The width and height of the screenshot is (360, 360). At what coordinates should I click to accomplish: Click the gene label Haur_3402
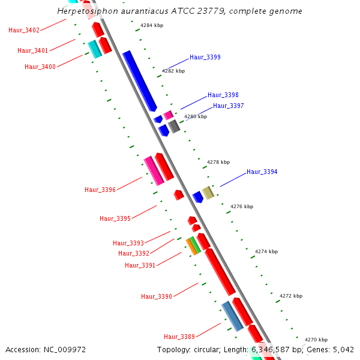coord(24,31)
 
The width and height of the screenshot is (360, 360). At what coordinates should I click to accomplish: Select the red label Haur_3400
coord(40,67)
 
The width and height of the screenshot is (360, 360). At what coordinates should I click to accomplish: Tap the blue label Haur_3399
coord(205,58)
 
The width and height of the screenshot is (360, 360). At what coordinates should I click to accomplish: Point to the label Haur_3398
coord(223,95)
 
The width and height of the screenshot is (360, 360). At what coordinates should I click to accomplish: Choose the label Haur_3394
coord(262,172)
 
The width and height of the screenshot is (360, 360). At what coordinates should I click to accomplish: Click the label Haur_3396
coord(100,190)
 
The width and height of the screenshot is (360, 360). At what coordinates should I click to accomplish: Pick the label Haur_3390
coord(157,296)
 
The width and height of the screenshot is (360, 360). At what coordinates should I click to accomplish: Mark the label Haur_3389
coord(179,337)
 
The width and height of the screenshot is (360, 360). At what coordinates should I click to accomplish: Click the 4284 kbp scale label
coord(152,26)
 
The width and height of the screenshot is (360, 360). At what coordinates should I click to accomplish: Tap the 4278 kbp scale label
coord(218,162)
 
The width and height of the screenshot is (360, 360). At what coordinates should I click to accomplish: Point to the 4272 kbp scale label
coord(291,296)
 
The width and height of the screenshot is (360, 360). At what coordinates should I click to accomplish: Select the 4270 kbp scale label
coord(316,340)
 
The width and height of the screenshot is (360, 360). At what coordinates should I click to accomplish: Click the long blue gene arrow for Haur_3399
coord(140,81)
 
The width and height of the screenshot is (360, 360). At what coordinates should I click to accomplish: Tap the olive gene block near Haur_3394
coord(208,193)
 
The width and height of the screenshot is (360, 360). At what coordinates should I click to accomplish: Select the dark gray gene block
coord(174,126)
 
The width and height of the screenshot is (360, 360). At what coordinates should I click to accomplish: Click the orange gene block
coord(191,246)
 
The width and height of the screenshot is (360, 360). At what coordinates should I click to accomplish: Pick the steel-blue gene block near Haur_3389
coord(232,316)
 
